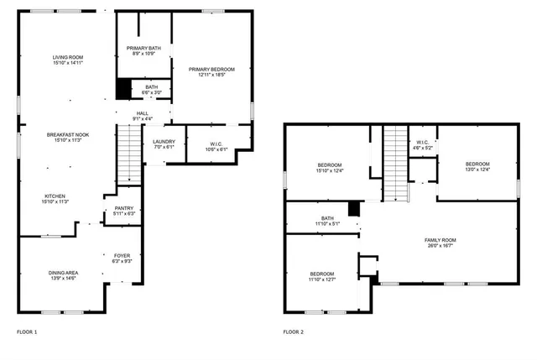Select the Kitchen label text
click(56, 198)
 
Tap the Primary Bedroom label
click(211, 72)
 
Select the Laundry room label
click(164, 143)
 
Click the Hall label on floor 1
click(143, 116)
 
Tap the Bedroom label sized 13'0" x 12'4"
click(477, 167)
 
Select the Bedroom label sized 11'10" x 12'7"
click(323, 278)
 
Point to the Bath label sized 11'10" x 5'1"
click(326, 222)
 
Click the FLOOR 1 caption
click(27, 332)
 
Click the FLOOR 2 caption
click(294, 332)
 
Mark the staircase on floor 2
click(395, 163)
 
